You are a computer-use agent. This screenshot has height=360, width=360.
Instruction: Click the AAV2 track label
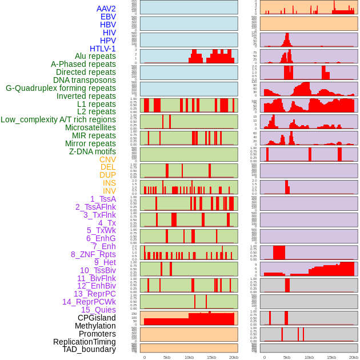pos(106,9)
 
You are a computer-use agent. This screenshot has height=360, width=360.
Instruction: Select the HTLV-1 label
pos(103,49)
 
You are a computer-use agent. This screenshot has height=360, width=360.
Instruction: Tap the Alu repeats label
pos(95,56)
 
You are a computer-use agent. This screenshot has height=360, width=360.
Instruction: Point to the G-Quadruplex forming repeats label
pos(61,88)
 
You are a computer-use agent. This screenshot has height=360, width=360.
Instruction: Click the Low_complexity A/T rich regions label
pos(58,119)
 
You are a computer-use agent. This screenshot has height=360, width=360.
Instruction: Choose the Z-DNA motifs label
pos(93,151)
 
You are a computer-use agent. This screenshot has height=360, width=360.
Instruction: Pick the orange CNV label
pos(107,159)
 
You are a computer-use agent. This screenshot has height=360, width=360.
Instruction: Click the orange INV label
pos(109,191)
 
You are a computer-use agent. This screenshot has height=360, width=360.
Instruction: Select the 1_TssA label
pos(103,199)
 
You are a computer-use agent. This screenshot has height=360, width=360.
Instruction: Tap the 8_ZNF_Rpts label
pos(93,254)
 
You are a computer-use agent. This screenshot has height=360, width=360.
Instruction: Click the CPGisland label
pos(97,318)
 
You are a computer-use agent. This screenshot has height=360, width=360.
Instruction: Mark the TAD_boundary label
pos(89,349)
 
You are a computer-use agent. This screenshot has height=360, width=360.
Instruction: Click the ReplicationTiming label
pos(85,342)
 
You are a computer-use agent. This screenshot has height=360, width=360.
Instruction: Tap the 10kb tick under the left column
pos(189,357)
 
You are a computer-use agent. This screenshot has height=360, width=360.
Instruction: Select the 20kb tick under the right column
pos(354,357)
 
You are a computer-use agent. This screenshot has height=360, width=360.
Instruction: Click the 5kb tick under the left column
pos(167,357)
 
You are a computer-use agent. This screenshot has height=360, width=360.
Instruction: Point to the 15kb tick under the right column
pos(331,357)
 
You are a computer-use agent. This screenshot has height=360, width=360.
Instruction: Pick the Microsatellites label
pos(90,127)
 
